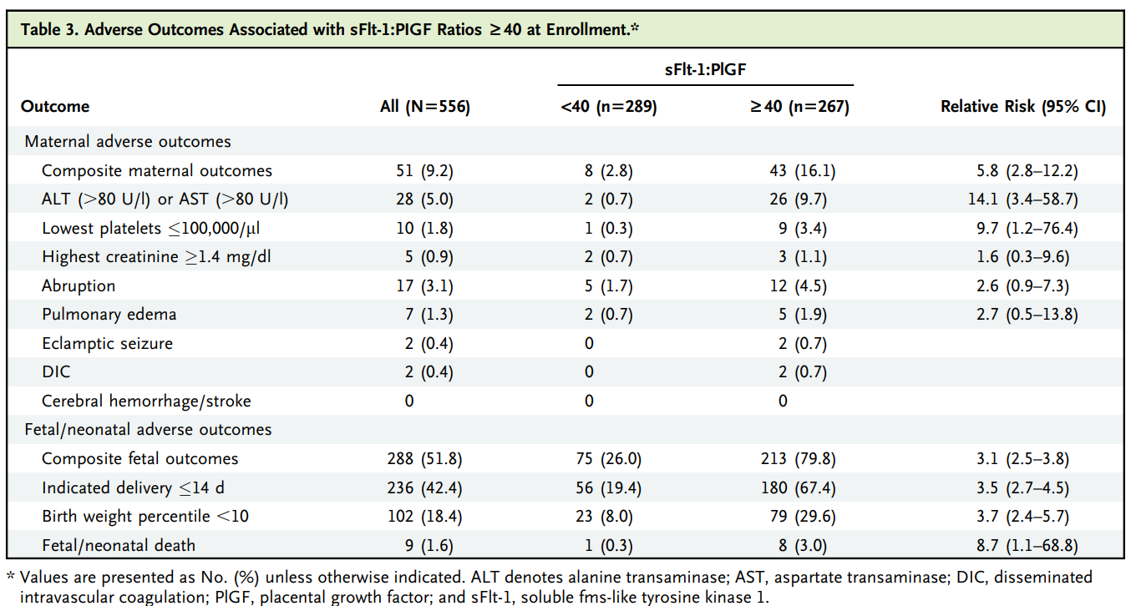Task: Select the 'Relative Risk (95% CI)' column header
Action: coord(1023,107)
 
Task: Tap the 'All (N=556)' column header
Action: coord(425,107)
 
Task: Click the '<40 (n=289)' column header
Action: coord(609,107)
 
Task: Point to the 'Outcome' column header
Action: coord(55,107)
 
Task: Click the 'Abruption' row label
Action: coord(79,285)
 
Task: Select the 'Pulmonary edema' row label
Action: coord(109,315)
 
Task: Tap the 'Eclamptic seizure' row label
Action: coord(106,343)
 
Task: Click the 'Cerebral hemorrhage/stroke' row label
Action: coord(146,401)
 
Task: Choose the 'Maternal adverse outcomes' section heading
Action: coord(128,142)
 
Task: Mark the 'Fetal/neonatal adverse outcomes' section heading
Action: coord(148,430)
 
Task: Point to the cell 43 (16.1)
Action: coord(802,171)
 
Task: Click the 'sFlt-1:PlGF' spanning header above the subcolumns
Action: coord(705,71)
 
